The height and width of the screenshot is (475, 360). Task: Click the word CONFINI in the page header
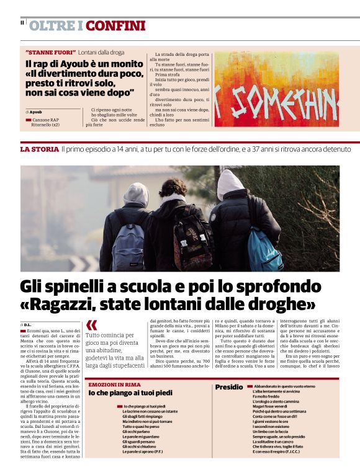tap(115, 26)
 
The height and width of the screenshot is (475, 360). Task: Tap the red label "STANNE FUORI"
tap(50, 52)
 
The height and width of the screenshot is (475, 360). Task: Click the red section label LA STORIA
tap(40, 149)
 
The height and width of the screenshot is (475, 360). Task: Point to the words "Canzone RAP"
tap(45, 119)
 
